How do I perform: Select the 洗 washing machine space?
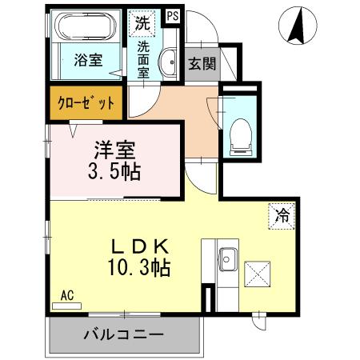(142, 23)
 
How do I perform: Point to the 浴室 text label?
(87, 60)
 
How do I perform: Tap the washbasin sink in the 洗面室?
(169, 62)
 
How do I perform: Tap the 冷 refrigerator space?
(282, 214)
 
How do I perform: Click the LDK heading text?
(144, 245)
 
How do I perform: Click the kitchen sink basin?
(226, 258)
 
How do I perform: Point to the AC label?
(67, 295)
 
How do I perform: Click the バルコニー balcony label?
(124, 334)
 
